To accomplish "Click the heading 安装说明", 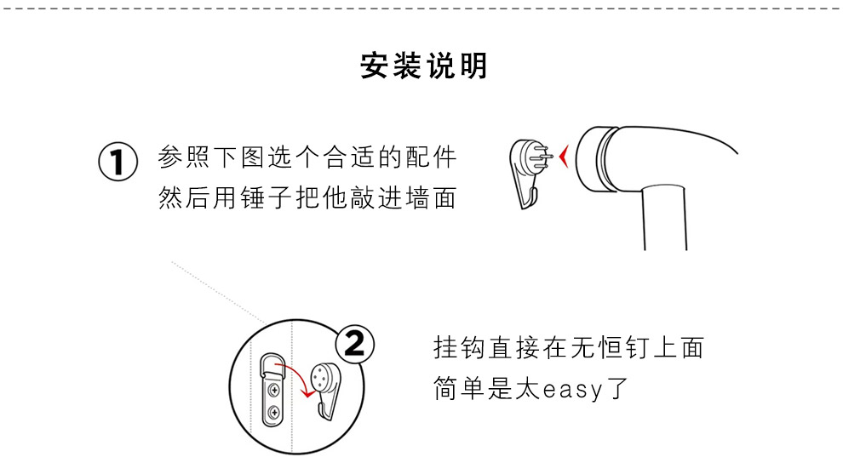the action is (x=424, y=66).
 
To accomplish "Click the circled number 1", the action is (x=118, y=161).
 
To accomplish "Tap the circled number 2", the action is (x=355, y=344).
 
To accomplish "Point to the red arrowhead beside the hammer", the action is (x=564, y=157).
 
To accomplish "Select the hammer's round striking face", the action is (x=586, y=159).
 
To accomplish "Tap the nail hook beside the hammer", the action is (x=529, y=173).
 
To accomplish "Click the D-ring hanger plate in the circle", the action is (x=273, y=389).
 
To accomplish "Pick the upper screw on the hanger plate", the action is (x=273, y=389).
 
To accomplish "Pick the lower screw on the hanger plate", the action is (x=273, y=413).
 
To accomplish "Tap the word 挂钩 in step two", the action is (x=460, y=347).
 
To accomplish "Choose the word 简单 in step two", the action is (x=460, y=388).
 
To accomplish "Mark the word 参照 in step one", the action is (x=184, y=157).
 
